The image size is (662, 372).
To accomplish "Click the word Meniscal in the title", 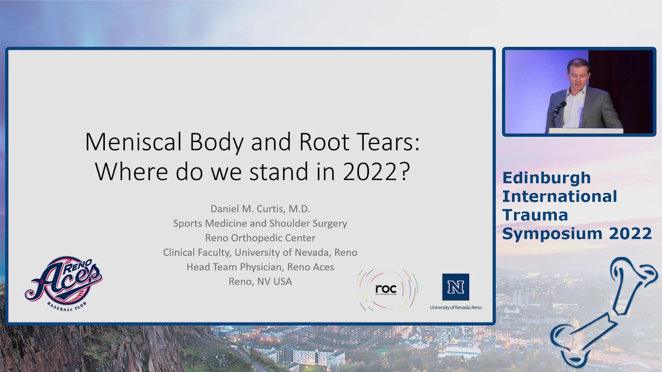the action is click(133, 142).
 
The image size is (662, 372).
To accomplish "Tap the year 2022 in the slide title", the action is click(370, 172).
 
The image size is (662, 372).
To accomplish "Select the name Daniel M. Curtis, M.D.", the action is click(260, 209).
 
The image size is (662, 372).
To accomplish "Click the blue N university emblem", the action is click(455, 287).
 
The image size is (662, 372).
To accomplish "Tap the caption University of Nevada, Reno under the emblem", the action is click(455, 307).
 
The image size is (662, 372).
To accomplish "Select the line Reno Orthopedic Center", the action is click(260, 238).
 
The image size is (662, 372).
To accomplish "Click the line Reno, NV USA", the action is click(260, 281).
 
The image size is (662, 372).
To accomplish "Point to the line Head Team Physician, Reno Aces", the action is click(260, 267).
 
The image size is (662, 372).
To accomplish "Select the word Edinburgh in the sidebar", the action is click(546, 178).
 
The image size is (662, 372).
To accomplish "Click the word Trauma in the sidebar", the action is click(535, 215).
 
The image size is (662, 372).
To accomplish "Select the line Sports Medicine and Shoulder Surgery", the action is click(260, 224).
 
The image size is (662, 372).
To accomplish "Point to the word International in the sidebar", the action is click(560, 197).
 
